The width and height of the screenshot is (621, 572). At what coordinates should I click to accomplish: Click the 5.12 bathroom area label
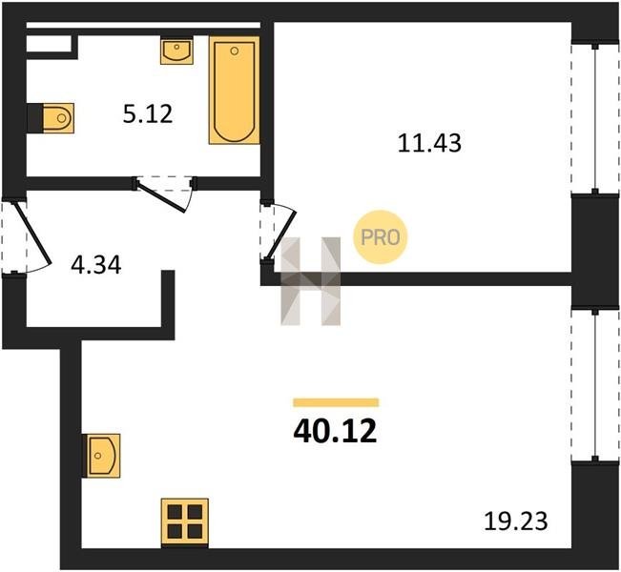(148, 114)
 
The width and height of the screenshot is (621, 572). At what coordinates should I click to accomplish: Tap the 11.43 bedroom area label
(429, 143)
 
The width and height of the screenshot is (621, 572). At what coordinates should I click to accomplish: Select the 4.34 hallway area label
(95, 265)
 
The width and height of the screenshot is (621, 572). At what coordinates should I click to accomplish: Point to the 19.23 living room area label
(516, 521)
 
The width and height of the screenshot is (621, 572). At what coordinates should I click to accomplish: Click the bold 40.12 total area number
(335, 432)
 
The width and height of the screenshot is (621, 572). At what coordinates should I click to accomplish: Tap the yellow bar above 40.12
(336, 402)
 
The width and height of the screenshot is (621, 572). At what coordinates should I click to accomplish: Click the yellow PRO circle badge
(381, 237)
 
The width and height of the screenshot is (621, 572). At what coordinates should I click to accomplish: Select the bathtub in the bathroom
(235, 91)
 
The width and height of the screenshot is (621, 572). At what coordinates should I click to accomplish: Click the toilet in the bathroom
(58, 118)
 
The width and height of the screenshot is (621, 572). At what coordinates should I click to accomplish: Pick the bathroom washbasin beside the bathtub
(176, 51)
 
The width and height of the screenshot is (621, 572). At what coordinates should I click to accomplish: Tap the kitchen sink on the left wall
(101, 456)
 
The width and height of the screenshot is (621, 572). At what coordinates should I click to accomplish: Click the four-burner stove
(184, 522)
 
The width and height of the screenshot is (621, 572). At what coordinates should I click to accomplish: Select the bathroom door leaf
(161, 195)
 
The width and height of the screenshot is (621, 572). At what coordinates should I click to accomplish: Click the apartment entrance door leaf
(32, 233)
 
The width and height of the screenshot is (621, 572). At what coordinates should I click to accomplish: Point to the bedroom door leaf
(280, 235)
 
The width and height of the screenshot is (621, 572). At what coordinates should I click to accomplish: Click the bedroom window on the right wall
(595, 118)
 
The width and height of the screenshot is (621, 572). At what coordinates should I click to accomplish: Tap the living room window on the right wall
(595, 385)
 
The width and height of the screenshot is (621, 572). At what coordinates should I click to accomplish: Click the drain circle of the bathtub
(235, 51)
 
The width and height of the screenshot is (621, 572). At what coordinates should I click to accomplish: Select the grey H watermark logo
(311, 281)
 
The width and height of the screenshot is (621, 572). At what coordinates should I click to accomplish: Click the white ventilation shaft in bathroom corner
(49, 44)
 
